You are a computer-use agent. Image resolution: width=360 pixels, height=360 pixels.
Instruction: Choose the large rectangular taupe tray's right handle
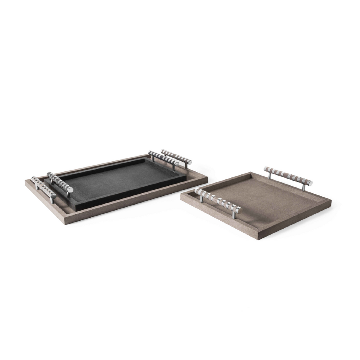(176, 157)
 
